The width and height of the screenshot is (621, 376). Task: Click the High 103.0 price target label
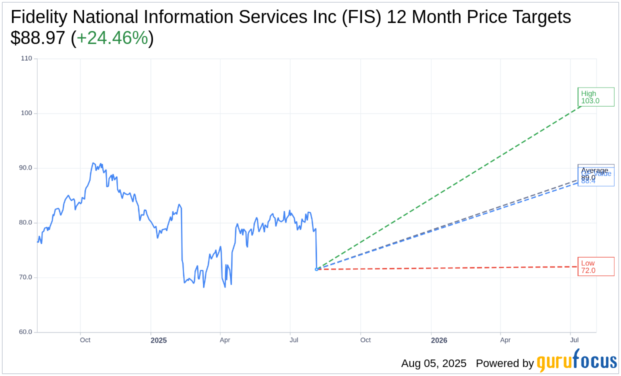(595, 97)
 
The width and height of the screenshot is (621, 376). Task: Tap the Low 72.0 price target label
(595, 266)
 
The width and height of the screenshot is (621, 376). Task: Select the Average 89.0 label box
(595, 171)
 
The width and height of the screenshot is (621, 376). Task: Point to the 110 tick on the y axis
(26, 58)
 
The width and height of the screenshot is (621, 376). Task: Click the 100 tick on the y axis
(26, 113)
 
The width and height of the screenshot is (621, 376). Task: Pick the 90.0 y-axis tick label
(26, 168)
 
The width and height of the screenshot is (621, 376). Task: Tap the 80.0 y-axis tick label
(26, 222)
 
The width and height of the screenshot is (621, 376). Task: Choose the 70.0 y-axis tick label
(26, 277)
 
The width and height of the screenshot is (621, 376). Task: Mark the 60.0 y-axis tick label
(26, 332)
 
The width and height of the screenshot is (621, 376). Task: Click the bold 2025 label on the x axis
(158, 340)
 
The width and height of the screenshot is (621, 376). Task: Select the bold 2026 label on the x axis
(439, 340)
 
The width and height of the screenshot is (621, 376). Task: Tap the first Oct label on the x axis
(85, 340)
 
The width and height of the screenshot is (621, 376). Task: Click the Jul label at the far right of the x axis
(575, 340)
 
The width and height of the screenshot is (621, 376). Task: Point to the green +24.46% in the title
(112, 38)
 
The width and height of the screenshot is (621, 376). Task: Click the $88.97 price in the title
(37, 38)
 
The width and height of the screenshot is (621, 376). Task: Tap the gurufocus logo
(576, 361)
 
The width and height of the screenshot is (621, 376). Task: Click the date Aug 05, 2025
(433, 363)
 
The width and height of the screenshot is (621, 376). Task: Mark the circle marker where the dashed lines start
(316, 269)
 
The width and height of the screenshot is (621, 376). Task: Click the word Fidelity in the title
(39, 17)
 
